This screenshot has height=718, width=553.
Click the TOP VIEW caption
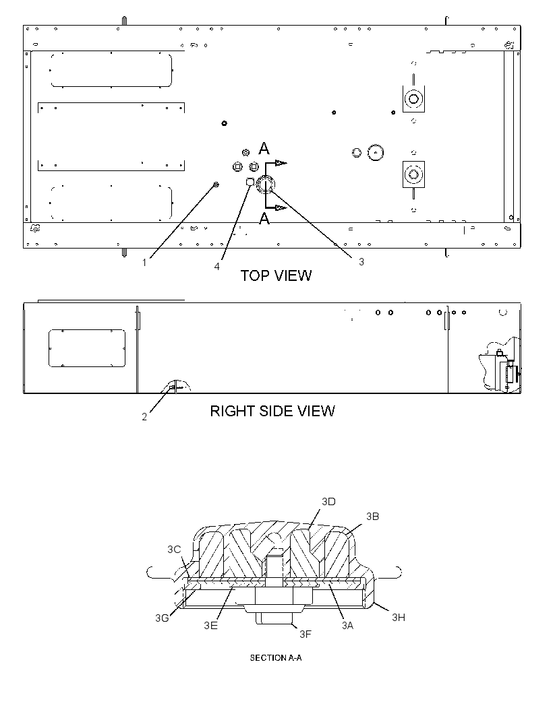click(276, 275)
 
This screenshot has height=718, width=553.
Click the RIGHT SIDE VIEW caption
click(272, 411)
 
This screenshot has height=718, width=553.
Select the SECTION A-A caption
click(276, 657)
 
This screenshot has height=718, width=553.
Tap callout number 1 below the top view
click(144, 263)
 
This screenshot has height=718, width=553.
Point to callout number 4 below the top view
click(217, 266)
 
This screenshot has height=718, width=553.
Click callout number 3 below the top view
click(361, 261)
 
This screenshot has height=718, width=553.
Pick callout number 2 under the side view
click(144, 417)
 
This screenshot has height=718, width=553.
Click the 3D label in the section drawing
click(328, 501)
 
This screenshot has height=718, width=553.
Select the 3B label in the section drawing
click(372, 516)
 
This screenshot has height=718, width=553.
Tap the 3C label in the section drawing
click(174, 549)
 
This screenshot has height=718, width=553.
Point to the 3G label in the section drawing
click(162, 618)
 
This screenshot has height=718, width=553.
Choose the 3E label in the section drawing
click(211, 625)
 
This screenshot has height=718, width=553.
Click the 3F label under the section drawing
click(305, 634)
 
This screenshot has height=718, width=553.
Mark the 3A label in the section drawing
click(347, 625)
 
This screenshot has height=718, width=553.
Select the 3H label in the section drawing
click(399, 617)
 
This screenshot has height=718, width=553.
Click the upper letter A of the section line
click(264, 148)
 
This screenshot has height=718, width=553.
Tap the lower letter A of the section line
click(264, 219)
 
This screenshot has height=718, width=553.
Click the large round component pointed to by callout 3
click(266, 184)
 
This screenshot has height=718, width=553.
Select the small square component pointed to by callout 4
click(250, 181)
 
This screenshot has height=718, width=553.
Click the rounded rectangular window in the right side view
click(87, 348)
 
